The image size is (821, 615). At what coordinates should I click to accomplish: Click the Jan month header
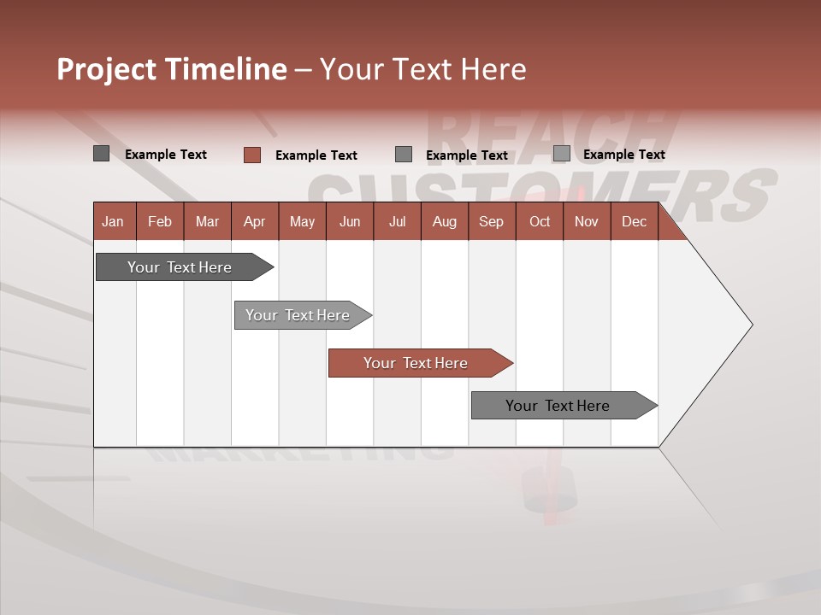click(x=113, y=221)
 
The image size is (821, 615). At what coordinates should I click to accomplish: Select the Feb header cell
click(x=160, y=221)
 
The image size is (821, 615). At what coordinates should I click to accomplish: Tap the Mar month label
click(x=207, y=221)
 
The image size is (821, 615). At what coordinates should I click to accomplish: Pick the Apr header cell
click(x=255, y=221)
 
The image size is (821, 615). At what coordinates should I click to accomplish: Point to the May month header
click(x=302, y=221)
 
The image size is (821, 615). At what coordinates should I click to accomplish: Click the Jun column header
click(x=350, y=221)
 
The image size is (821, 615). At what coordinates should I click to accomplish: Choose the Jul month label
click(x=397, y=221)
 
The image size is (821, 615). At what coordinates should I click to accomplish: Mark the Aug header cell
click(x=445, y=221)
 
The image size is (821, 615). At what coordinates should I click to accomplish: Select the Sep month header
click(x=492, y=221)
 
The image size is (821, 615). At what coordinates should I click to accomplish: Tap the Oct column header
click(x=540, y=221)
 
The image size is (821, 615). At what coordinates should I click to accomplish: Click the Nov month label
click(x=587, y=221)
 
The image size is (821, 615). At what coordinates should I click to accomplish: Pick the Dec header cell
click(x=635, y=221)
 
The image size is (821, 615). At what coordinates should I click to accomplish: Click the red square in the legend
click(x=252, y=155)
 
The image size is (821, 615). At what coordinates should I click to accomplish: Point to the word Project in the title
click(x=106, y=69)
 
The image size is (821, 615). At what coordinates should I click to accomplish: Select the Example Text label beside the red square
click(x=316, y=155)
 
